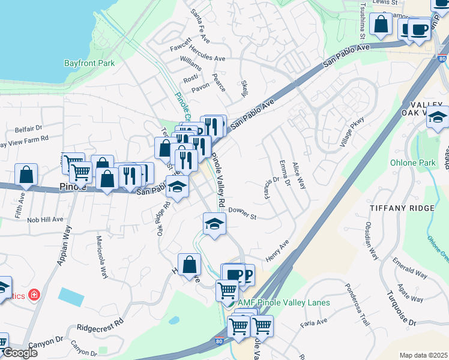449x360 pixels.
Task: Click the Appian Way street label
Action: pos(62,247)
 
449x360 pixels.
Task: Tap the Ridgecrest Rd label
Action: pos(100,325)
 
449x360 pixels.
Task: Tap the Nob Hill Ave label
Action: pos(45,220)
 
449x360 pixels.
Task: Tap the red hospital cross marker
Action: pos(35,295)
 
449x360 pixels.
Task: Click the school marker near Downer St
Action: pos(214,224)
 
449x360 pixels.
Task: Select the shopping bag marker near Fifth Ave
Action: pos(26,175)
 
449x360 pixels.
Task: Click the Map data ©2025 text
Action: pos(423,355)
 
